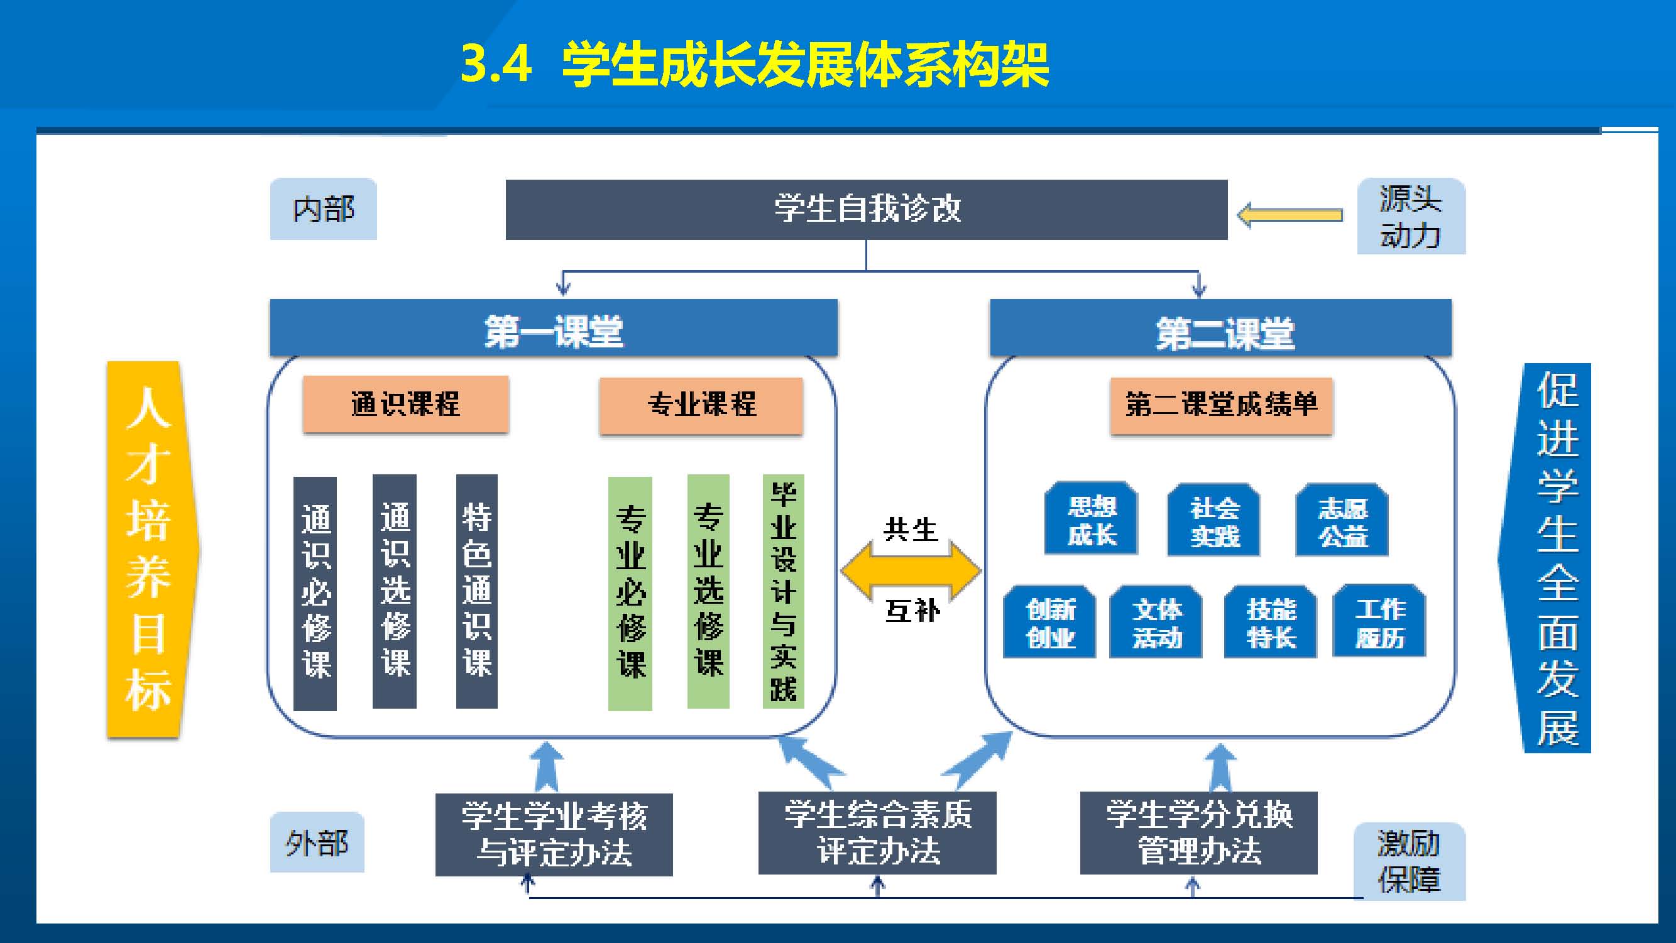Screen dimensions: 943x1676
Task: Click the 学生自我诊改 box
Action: (x=866, y=209)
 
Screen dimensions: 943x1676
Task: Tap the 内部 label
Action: (x=324, y=209)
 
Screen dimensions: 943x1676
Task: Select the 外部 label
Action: (x=317, y=843)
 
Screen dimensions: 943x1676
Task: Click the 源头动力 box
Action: (x=1411, y=217)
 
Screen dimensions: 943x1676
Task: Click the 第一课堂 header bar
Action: (x=554, y=329)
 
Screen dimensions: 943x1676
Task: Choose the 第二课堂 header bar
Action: (x=1220, y=329)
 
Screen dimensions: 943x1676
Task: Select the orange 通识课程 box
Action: (x=405, y=404)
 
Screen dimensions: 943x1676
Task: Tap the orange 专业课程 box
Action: (x=701, y=405)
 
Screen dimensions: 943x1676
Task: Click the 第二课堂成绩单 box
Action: (x=1220, y=405)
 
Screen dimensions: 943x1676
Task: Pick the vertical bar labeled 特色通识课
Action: (x=477, y=591)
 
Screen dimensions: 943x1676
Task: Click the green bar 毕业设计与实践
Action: (x=782, y=591)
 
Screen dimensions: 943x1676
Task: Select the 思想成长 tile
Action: (x=1091, y=519)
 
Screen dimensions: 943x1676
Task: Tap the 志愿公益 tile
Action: (x=1342, y=520)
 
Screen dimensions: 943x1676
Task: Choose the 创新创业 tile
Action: (x=1049, y=622)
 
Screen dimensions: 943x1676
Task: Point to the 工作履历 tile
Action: (x=1379, y=621)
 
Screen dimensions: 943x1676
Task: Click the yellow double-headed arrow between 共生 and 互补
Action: (x=911, y=570)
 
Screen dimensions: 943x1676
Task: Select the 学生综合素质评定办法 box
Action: (x=877, y=833)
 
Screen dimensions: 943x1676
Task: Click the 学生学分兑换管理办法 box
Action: (x=1198, y=833)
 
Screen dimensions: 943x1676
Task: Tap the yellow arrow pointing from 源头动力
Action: (x=1290, y=215)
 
